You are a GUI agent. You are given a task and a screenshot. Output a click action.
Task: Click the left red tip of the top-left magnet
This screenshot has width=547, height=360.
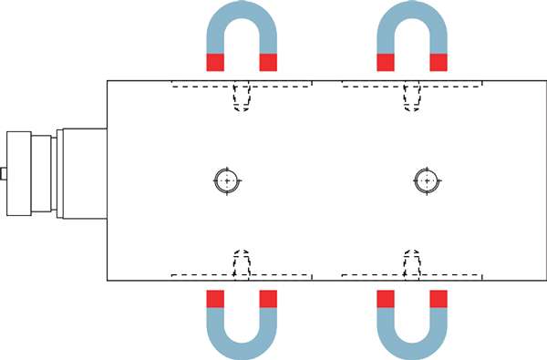[215, 62]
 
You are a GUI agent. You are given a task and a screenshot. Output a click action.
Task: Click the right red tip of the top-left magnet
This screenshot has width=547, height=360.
[268, 62]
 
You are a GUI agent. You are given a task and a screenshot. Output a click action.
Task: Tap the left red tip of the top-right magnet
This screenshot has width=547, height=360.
[386, 62]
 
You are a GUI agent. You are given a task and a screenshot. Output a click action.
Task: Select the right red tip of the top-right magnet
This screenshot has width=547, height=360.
[439, 62]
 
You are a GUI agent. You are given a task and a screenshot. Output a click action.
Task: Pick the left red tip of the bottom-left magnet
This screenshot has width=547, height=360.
[215, 299]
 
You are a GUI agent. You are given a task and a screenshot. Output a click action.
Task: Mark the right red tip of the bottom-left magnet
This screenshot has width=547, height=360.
[268, 299]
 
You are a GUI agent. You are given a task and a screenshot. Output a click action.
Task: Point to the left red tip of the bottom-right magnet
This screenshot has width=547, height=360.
[386, 299]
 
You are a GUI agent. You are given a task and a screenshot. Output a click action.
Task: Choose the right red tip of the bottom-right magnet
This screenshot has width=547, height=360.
[439, 299]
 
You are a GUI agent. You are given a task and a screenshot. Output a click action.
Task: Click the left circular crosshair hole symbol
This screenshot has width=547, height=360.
[226, 180]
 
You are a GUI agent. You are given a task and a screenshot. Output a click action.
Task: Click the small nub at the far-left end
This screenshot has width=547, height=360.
[4, 173]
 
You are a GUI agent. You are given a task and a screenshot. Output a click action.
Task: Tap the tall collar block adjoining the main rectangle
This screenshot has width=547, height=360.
[82, 173]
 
